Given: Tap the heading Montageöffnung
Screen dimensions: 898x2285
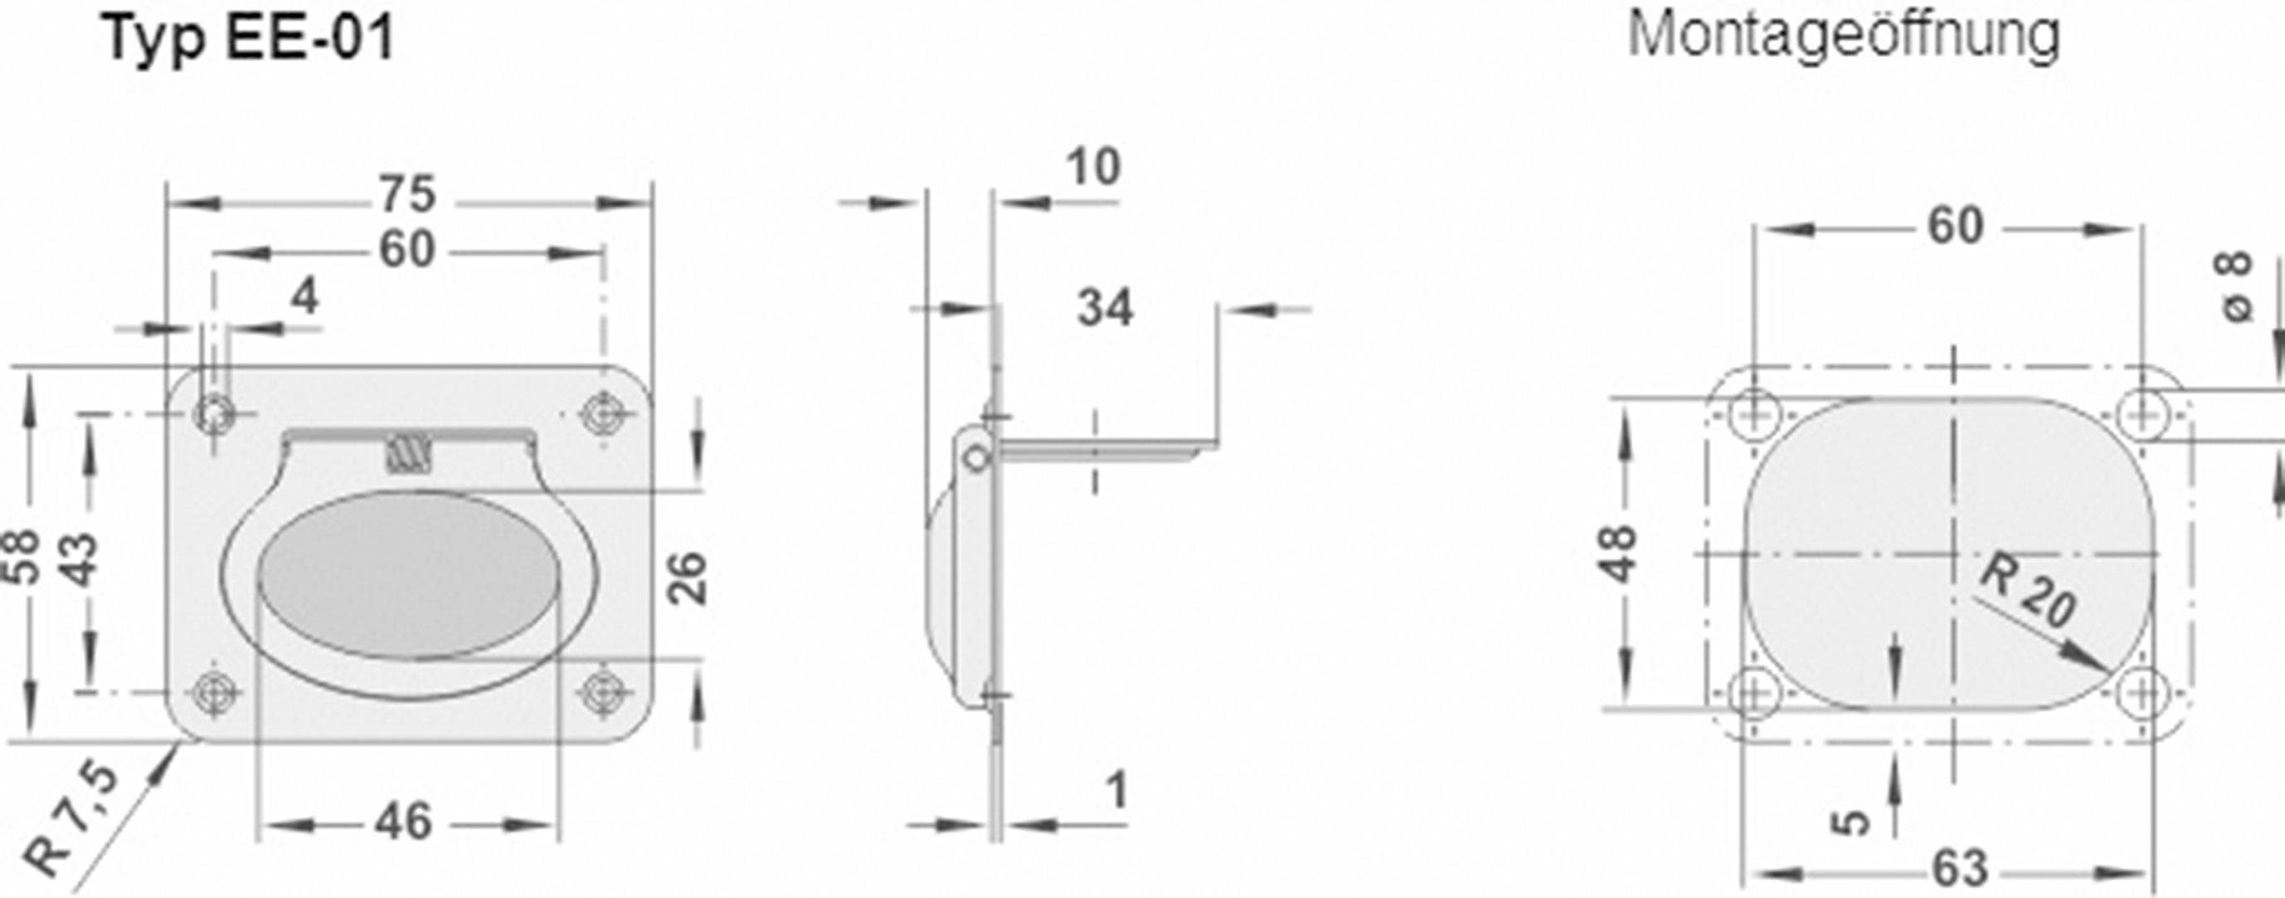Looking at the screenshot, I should pyautogui.click(x=1843, y=37).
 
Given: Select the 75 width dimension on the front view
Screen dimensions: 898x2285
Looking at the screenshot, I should pyautogui.click(x=407, y=194).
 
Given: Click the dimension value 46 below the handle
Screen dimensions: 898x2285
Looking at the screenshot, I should pyautogui.click(x=404, y=822).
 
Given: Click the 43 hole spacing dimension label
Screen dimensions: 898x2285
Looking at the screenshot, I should pyautogui.click(x=81, y=559).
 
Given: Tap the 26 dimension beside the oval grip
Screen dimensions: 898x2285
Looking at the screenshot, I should pyautogui.click(x=688, y=578).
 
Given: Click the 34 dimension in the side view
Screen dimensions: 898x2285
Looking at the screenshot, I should pyautogui.click(x=1105, y=309).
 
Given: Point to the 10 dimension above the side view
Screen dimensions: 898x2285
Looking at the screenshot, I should pyautogui.click(x=1093, y=168).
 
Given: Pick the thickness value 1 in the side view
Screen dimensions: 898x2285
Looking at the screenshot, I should pyautogui.click(x=1116, y=791).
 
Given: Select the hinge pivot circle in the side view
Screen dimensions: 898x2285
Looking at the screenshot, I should pyautogui.click(x=975, y=458).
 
